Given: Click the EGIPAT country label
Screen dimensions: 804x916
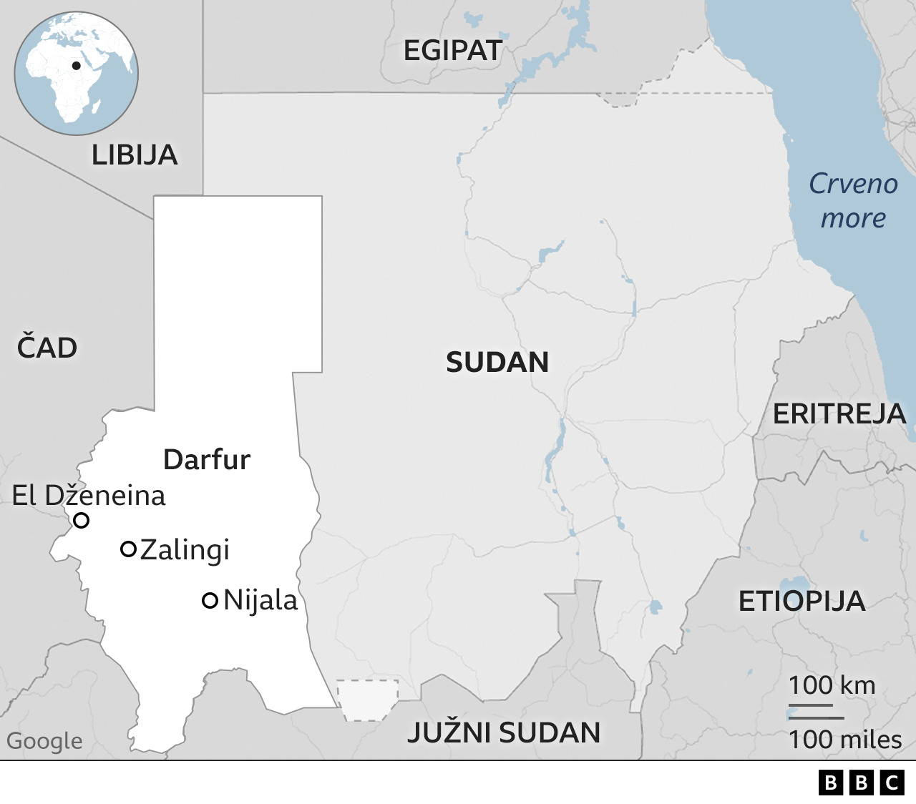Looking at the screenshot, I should [x=452, y=51].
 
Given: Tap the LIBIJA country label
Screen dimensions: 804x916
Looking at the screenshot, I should [x=135, y=155].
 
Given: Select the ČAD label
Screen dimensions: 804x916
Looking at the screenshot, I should [x=47, y=348].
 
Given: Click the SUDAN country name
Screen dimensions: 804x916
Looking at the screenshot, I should [x=497, y=363].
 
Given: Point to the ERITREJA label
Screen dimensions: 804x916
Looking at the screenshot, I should [x=839, y=414].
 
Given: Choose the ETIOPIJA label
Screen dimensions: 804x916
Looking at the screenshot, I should [x=801, y=602].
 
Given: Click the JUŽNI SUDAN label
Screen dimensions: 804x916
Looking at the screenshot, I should [x=504, y=733].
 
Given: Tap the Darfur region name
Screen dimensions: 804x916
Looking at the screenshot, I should [x=207, y=459].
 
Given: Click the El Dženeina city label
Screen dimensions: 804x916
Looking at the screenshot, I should [x=89, y=496].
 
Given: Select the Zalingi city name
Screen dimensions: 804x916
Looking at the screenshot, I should [x=185, y=550].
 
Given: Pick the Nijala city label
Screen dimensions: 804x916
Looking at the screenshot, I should [x=260, y=600].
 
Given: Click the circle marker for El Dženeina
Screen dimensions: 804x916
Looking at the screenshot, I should [x=82, y=521].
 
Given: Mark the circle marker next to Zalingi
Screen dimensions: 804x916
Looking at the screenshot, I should [x=128, y=549].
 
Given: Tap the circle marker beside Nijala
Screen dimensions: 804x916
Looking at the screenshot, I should [x=210, y=601].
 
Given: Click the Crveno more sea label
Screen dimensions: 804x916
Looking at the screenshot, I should [x=853, y=201].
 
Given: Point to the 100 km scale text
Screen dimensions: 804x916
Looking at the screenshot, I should [x=832, y=685].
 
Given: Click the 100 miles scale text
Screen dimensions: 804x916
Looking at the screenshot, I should [x=845, y=740].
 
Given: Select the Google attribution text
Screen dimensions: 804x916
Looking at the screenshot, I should [x=44, y=741].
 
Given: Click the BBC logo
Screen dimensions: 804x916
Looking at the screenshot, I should [x=861, y=783].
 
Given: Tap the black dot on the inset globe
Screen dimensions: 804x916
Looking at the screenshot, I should [x=75, y=67].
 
